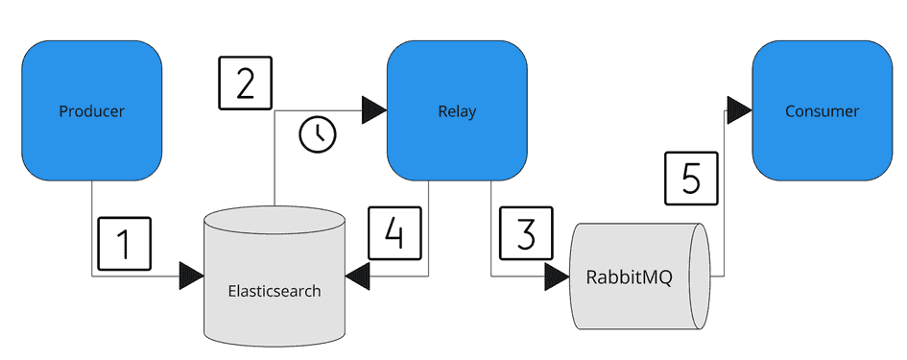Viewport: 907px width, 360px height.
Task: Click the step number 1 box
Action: pos(124,245)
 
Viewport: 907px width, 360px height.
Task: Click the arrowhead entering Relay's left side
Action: pos(373,110)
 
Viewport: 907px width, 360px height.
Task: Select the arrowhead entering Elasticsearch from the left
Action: pos(191,276)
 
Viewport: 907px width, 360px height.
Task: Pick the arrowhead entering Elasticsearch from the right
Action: pos(358,276)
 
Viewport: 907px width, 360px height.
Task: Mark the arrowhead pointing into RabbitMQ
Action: pos(558,276)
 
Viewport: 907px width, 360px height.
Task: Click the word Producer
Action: pos(91,111)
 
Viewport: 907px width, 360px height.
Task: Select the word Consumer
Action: pos(822,111)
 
